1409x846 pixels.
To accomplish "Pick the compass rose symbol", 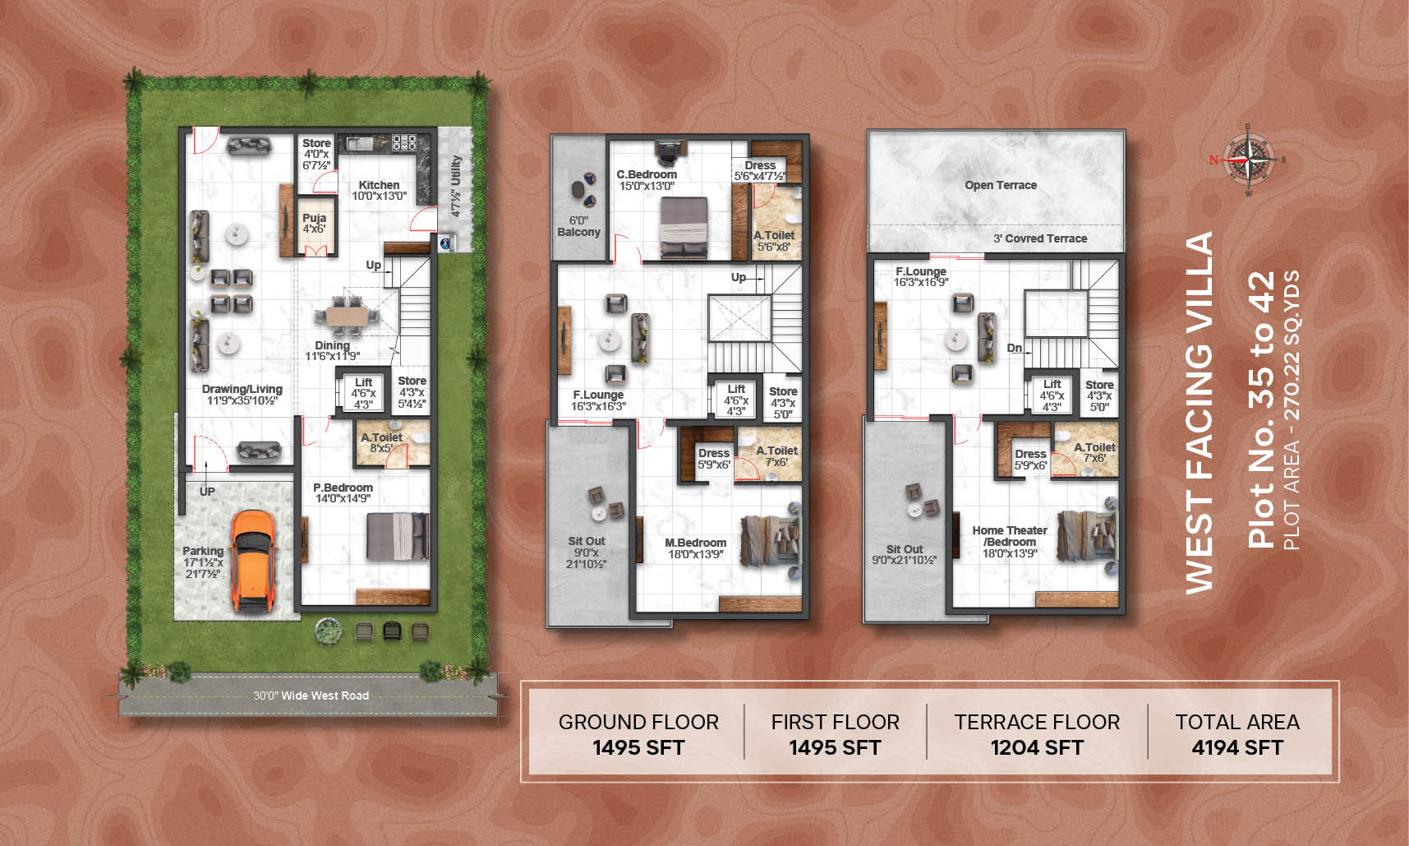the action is pos(1247,159).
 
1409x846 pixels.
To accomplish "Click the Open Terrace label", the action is pos(1001,185).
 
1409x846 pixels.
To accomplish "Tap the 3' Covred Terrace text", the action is pos(1040,238).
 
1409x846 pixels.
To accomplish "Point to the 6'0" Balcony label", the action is pos(578,226).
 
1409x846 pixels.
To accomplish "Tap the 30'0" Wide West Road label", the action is pos(311,696).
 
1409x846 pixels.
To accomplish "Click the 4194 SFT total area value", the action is pos(1237,747).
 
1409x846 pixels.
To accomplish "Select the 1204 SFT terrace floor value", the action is pos(1037,747).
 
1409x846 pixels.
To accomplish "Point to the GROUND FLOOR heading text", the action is pos(638,722).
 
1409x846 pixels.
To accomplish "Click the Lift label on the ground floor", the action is pos(363,382).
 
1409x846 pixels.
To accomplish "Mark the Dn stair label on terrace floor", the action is pos(1015,348).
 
